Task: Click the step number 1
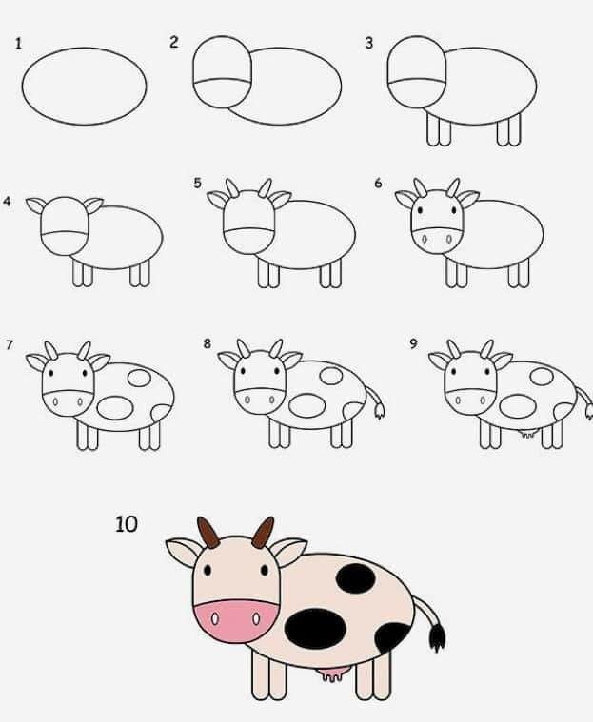(18, 44)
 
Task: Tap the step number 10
(127, 524)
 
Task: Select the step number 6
(378, 184)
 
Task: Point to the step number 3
(368, 43)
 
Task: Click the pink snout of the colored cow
(236, 620)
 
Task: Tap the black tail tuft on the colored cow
(437, 636)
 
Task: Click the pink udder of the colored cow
(331, 675)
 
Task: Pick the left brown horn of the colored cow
(208, 532)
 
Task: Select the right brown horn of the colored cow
(263, 533)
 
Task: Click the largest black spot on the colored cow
(316, 629)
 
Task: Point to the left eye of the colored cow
(208, 571)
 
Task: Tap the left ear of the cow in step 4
(35, 205)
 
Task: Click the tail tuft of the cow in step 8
(379, 411)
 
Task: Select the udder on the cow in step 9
(528, 433)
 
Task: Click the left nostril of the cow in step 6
(424, 239)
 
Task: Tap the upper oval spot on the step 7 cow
(139, 378)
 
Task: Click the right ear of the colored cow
(289, 550)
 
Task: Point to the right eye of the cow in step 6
(454, 210)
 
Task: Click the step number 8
(207, 343)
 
